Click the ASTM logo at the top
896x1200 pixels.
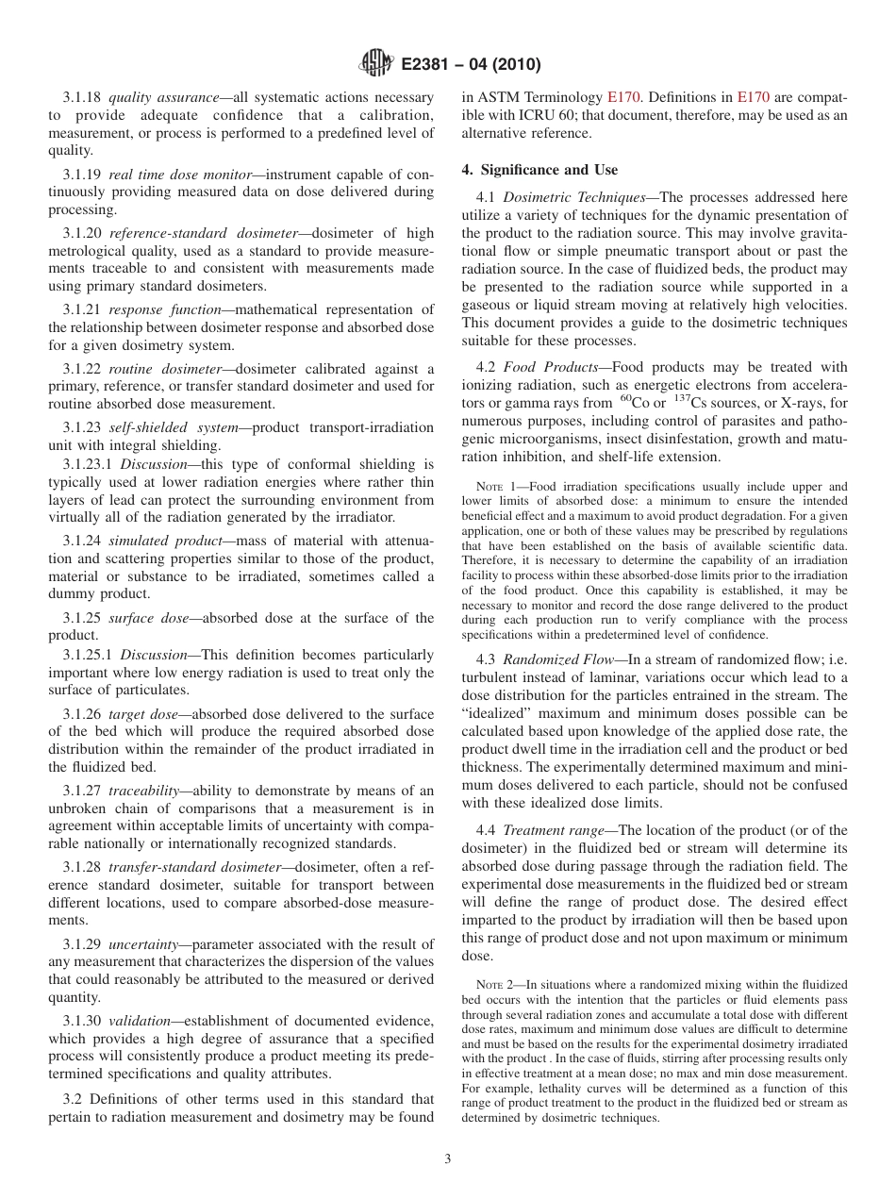point(376,65)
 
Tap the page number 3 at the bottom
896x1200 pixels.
point(448,1158)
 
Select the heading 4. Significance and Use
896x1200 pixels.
point(539,170)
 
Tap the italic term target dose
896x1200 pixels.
point(143,714)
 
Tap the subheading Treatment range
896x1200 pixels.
point(556,830)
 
